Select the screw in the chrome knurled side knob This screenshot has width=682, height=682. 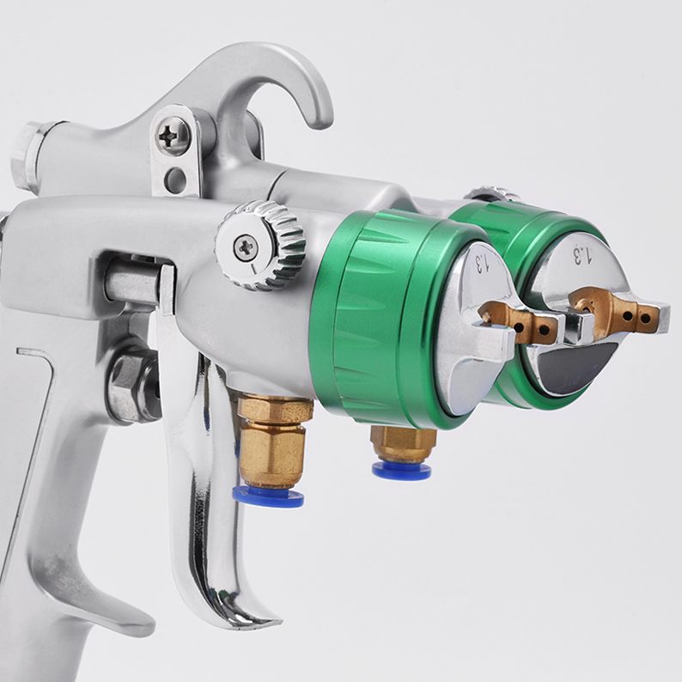(247, 247)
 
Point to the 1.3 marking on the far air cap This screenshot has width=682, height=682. (582, 255)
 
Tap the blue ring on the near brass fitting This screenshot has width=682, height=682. (268, 497)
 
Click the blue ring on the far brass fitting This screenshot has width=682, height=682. (401, 471)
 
